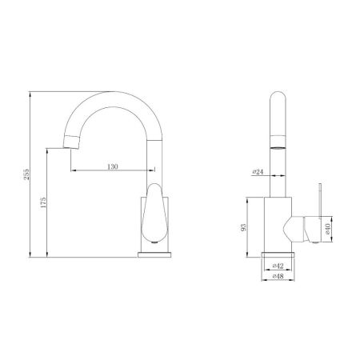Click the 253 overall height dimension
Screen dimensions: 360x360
click(x=26, y=174)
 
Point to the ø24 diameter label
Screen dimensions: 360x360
click(x=258, y=171)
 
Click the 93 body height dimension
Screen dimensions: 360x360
click(x=244, y=226)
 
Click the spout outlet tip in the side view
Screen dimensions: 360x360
click(x=71, y=142)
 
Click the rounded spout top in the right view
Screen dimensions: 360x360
click(x=277, y=100)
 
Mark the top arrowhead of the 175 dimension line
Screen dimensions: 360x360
click(x=46, y=150)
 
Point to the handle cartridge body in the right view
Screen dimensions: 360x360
click(x=299, y=228)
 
